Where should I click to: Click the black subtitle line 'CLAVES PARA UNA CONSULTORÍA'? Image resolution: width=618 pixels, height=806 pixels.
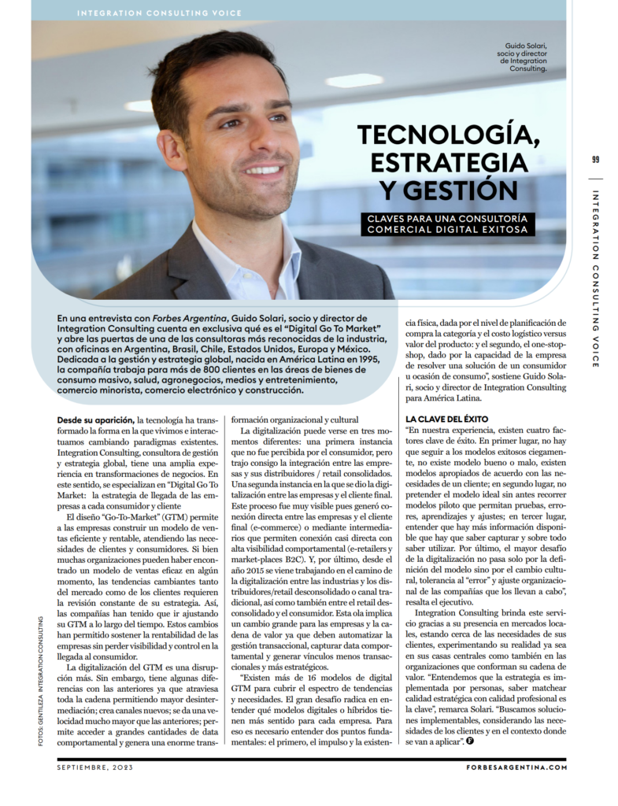(449, 217)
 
